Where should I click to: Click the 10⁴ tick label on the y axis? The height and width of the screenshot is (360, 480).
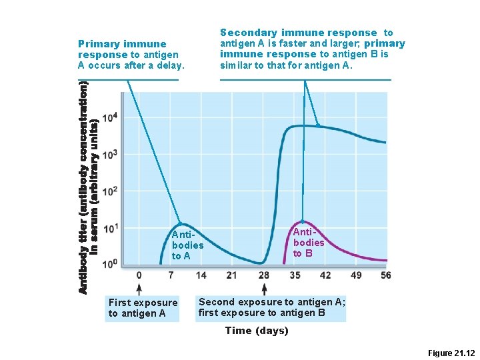point(110,117)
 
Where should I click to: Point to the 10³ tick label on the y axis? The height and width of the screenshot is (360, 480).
point(110,154)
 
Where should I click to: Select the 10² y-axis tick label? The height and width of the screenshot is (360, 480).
point(110,191)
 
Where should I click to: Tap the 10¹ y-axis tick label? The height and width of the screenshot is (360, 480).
point(110,228)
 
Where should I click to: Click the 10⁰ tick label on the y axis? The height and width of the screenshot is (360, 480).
point(110,265)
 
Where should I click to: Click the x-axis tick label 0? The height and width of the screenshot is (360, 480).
point(139,275)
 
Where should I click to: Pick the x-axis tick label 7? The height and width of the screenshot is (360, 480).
point(170,275)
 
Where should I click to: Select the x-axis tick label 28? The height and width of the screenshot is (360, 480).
point(263,275)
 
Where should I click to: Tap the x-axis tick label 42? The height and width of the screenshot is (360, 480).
point(325,275)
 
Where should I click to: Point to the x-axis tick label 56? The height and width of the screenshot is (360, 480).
point(385,275)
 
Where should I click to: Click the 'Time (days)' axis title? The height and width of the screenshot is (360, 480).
point(257,331)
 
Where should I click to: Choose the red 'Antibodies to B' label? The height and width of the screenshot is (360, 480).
point(309,242)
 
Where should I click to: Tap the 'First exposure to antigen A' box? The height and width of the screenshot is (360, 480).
point(143,308)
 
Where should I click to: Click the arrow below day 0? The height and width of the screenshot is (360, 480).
point(139,289)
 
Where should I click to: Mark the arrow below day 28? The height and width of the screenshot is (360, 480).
point(264,289)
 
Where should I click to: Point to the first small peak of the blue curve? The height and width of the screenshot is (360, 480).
point(179,223)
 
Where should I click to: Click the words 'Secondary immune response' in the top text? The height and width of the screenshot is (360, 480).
point(298,33)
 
